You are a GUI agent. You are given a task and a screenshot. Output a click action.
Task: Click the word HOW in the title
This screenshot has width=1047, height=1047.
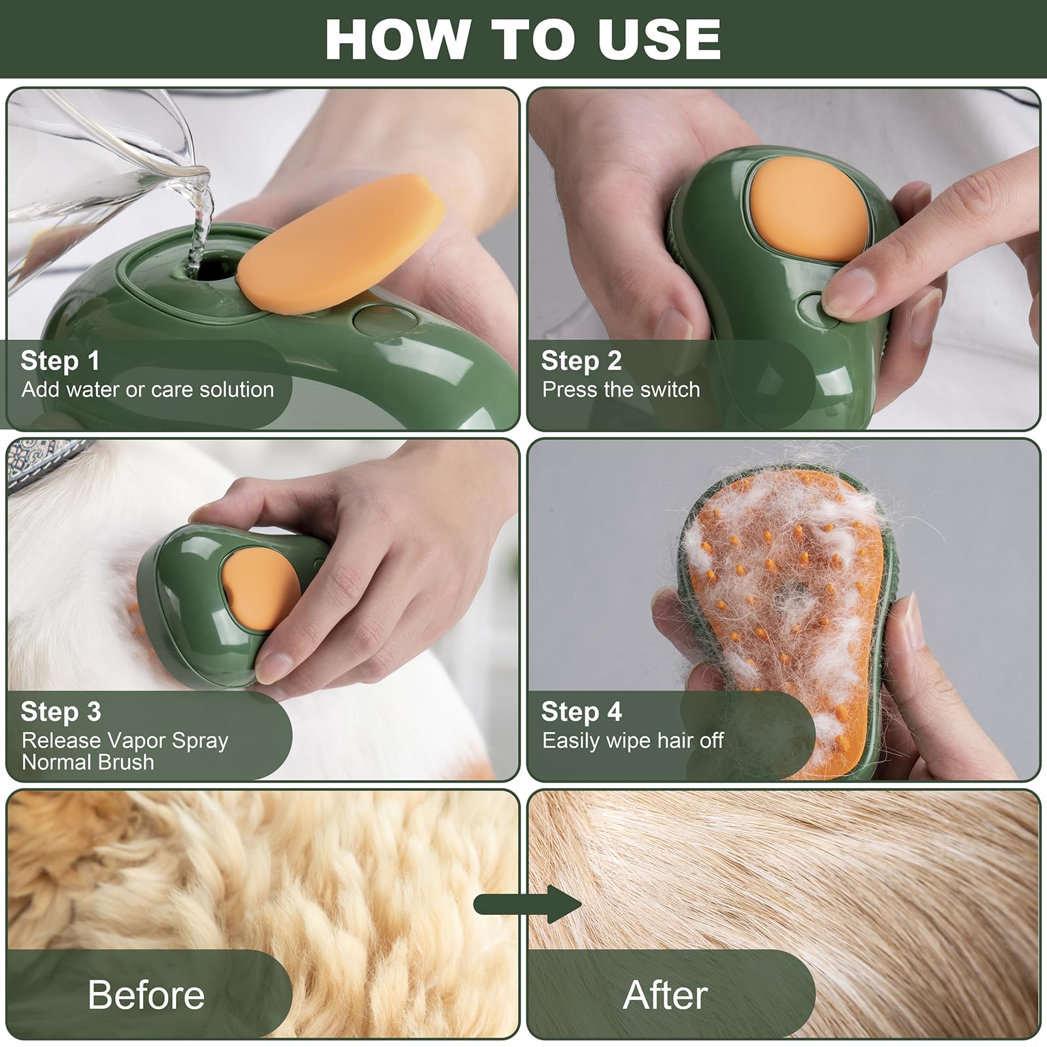[x=395, y=39]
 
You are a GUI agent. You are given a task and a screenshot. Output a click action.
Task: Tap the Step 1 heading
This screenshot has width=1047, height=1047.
[x=60, y=360]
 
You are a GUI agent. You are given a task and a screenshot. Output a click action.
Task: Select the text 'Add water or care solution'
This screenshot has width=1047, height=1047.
[x=148, y=390]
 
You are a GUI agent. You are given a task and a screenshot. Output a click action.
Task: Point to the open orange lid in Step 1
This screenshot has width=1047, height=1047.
[x=341, y=241]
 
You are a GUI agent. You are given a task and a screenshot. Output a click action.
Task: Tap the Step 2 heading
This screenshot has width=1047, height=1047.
[x=581, y=360]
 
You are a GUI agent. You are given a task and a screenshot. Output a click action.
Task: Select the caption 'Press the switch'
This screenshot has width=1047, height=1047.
[x=621, y=390]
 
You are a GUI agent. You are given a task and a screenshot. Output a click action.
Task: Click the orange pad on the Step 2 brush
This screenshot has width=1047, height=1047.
[x=812, y=210]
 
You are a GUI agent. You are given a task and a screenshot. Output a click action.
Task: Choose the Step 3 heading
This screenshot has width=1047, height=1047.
[x=61, y=711]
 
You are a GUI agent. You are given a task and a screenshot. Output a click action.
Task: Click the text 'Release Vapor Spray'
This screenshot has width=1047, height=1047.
[x=125, y=740]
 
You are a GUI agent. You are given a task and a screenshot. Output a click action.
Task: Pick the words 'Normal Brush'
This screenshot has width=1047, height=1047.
[x=88, y=762]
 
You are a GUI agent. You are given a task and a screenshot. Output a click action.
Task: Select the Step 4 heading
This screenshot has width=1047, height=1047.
[x=581, y=711]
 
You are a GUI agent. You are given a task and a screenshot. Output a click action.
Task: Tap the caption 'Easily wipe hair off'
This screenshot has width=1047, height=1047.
[x=632, y=740]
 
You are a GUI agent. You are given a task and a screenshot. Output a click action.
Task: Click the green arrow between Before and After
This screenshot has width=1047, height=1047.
[x=527, y=904]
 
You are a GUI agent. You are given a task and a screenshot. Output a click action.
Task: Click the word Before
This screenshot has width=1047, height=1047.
[x=146, y=995]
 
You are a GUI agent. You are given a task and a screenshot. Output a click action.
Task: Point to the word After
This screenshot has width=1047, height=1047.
[x=665, y=995]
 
